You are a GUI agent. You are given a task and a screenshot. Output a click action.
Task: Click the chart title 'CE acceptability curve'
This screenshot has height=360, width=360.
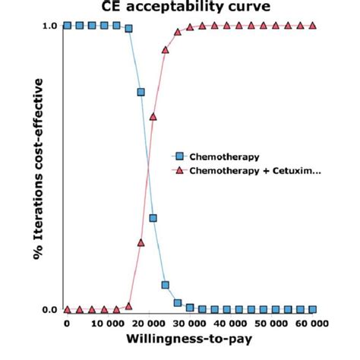pos(180,7)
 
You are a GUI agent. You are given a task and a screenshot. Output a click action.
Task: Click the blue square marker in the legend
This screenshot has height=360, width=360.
pos(179,156)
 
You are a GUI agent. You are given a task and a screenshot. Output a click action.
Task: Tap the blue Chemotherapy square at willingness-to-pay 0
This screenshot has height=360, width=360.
pos(68,25)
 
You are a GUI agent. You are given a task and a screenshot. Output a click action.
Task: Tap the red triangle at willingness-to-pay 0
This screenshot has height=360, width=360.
pos(68,310)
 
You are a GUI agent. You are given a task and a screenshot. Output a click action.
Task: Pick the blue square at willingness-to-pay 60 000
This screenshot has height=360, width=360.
pos(313,310)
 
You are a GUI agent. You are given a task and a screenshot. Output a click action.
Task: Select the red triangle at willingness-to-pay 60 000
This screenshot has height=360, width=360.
pos(313,25)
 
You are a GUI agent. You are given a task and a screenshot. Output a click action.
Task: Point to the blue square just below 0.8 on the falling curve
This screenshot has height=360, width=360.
pos(141,92)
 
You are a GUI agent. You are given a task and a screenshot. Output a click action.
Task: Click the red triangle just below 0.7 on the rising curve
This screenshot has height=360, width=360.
pos(153,117)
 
